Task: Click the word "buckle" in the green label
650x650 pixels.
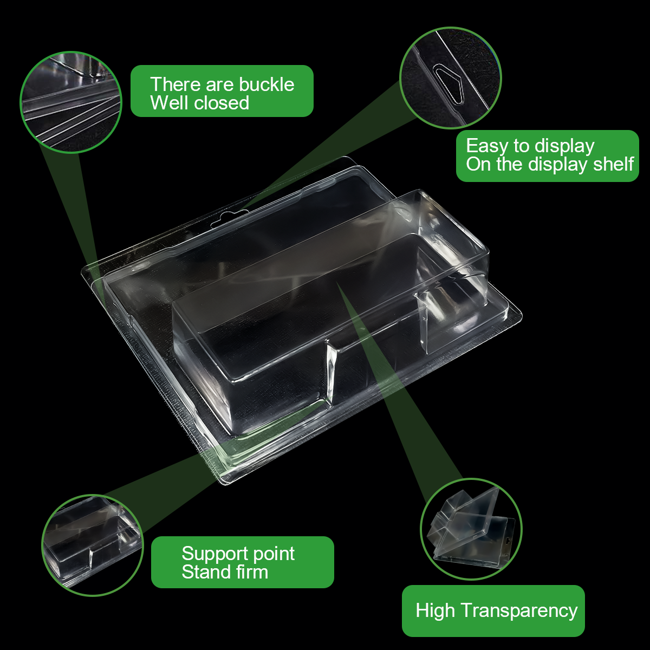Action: pyautogui.click(x=266, y=84)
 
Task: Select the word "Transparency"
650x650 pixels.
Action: pyautogui.click(x=519, y=611)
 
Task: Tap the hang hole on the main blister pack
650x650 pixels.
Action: pyautogui.click(x=230, y=218)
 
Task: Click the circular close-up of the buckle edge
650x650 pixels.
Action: pyautogui.click(x=71, y=102)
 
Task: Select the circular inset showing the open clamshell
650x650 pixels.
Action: pyautogui.click(x=471, y=529)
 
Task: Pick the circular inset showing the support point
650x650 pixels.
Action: pyautogui.click(x=93, y=545)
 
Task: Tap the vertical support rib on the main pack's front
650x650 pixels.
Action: pyautogui.click(x=330, y=371)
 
